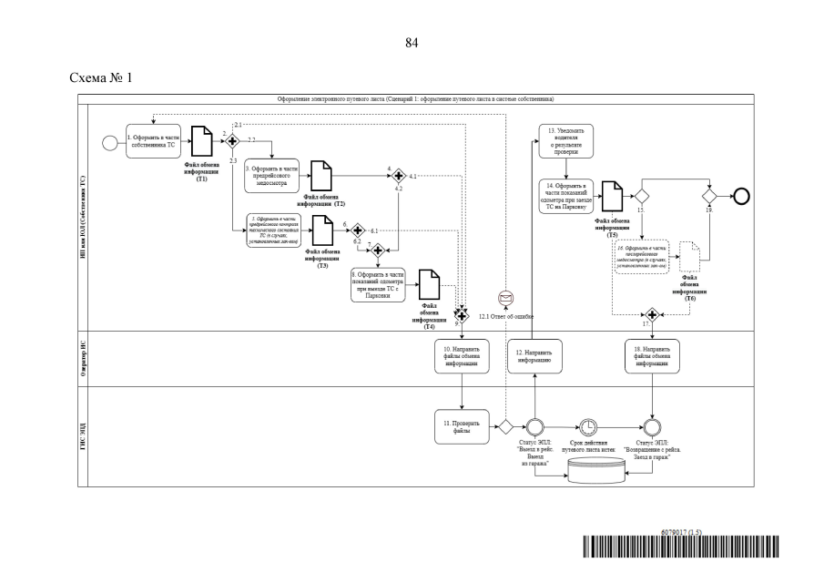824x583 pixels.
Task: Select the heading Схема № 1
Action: point(101,77)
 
